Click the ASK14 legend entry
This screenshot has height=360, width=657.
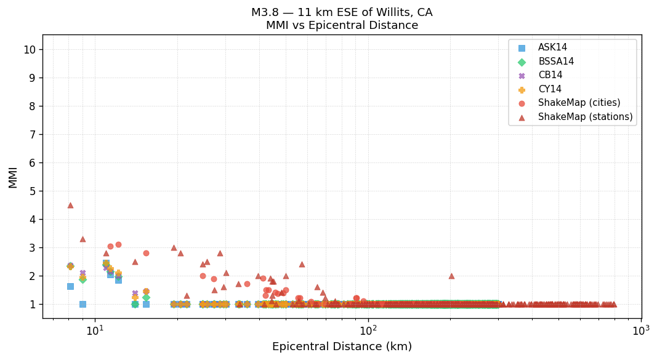tap(552, 48)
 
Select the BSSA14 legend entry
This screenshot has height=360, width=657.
tap(556, 62)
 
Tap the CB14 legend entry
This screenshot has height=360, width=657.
tap(550, 76)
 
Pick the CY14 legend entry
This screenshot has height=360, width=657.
tap(550, 89)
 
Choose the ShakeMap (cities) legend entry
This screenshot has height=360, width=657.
tap(579, 103)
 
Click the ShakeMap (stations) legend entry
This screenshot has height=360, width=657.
tap(585, 117)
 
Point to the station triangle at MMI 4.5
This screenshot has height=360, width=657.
tap(70, 205)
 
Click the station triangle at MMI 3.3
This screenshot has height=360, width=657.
tap(83, 239)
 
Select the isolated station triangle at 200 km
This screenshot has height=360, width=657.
tap(451, 276)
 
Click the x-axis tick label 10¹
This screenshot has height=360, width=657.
tap(95, 330)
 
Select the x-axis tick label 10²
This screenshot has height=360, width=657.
tap(368, 330)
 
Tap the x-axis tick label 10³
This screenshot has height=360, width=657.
tap(641, 330)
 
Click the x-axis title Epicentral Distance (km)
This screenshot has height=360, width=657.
tap(342, 346)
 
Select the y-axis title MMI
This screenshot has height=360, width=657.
tap(13, 177)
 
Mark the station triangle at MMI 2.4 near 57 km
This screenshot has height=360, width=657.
tap(302, 264)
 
